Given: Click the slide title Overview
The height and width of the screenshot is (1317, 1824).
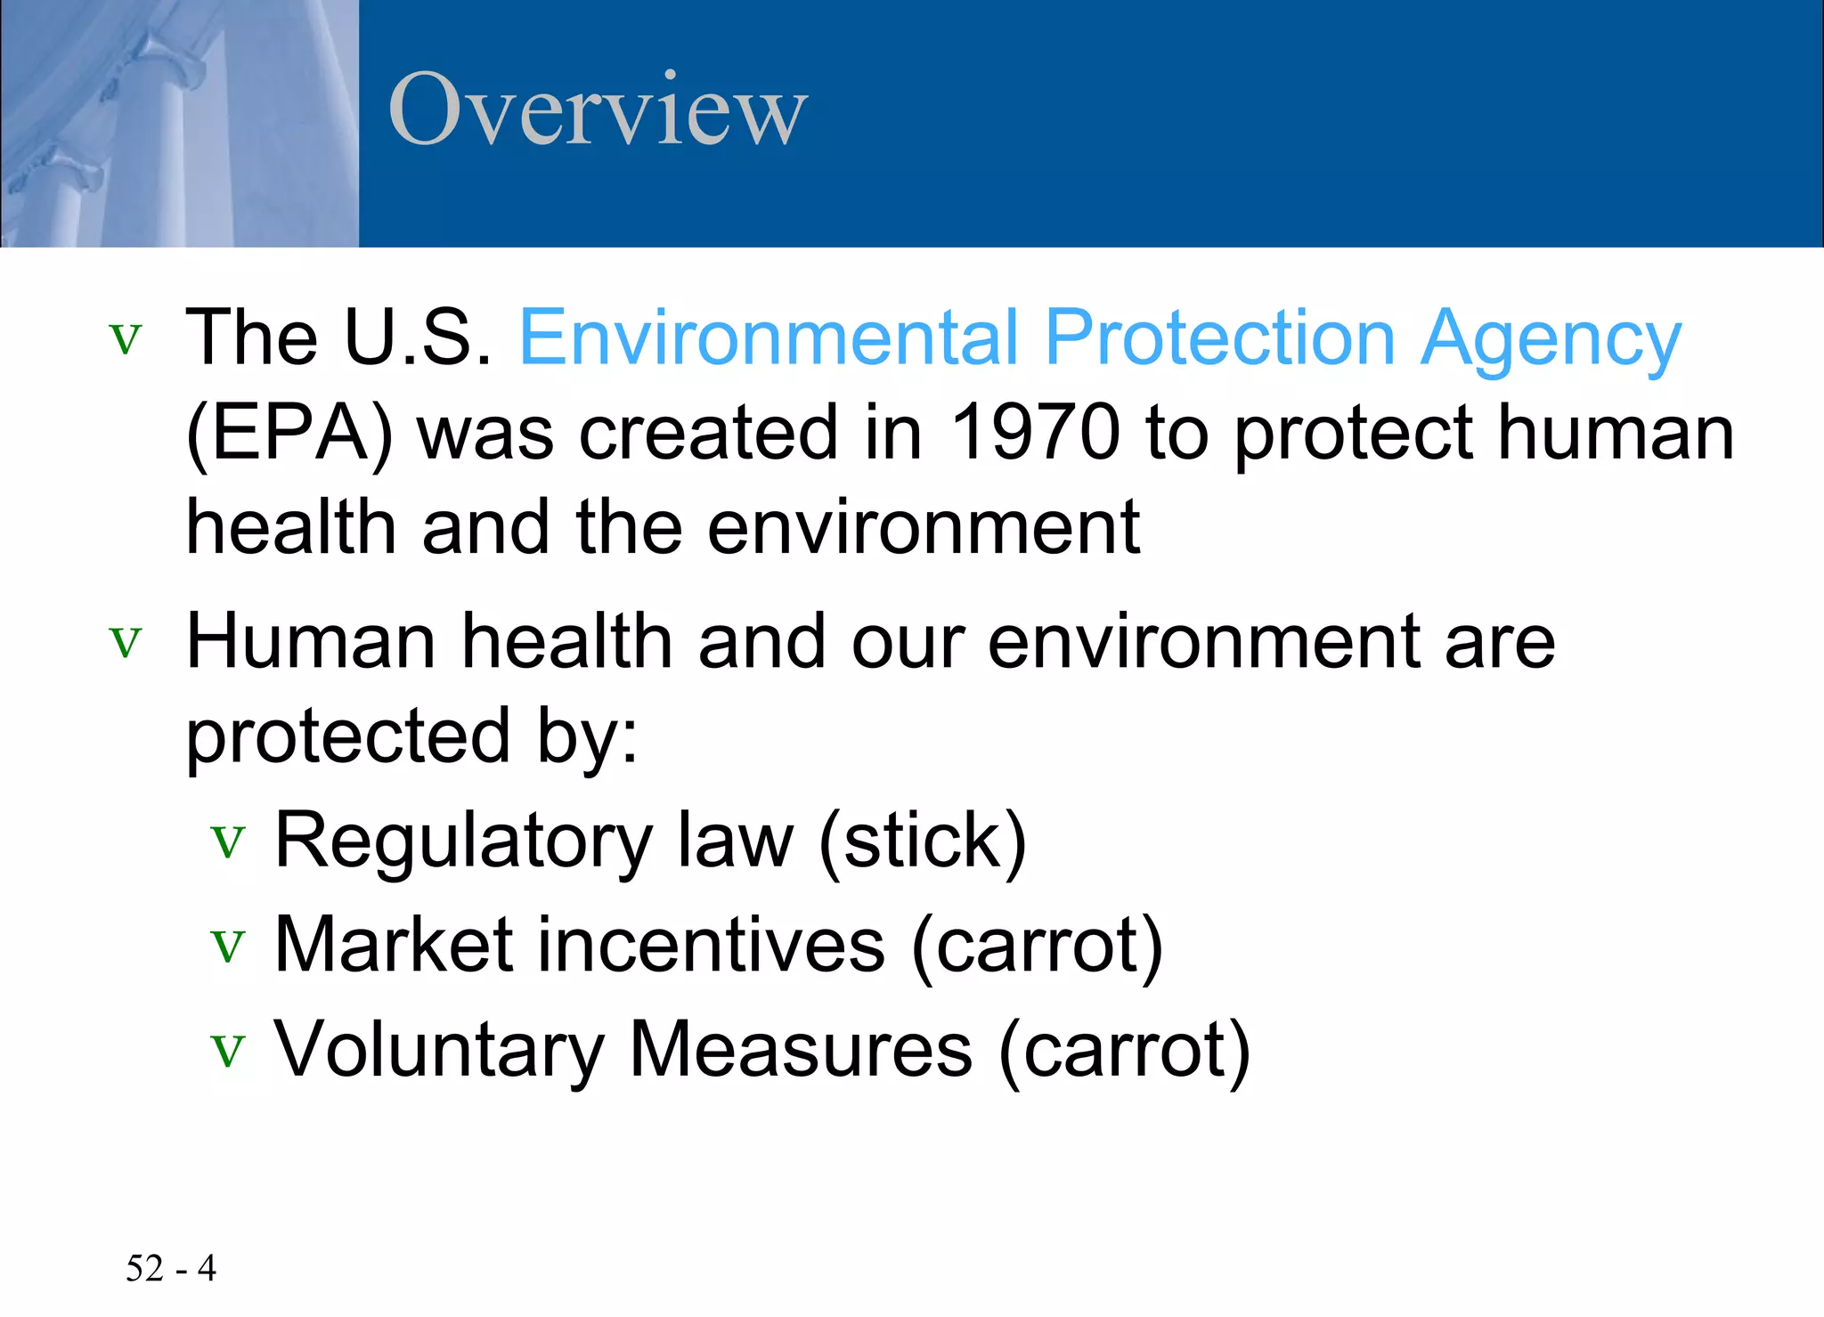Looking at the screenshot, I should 598,110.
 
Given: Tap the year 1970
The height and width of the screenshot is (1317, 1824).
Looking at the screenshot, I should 1034,433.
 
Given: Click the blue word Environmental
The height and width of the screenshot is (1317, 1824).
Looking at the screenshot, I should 768,337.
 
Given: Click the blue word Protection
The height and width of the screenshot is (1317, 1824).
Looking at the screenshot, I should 1219,337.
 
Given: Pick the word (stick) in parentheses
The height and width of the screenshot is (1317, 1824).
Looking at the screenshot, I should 922,841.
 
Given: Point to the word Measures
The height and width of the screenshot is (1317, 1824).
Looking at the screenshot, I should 801,1050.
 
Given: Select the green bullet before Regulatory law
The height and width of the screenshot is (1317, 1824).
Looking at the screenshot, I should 228,841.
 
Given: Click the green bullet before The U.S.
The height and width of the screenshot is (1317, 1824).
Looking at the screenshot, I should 126,339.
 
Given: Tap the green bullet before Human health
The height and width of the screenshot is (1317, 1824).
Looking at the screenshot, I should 126,642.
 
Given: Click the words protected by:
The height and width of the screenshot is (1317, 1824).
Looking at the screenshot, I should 411,738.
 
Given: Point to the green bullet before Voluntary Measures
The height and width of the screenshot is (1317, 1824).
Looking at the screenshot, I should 228,1051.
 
